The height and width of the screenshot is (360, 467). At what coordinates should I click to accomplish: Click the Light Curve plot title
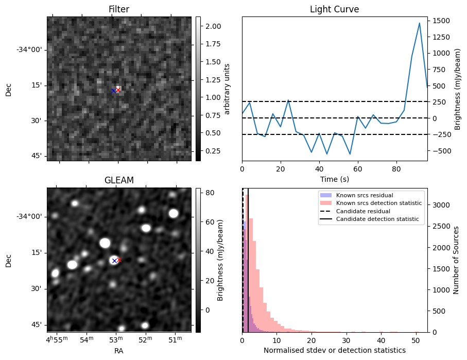[334, 9]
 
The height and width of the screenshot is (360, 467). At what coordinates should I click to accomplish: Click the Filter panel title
[118, 9]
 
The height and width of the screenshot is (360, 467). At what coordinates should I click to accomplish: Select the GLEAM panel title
[119, 180]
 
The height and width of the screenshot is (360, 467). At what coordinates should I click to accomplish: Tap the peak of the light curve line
[420, 23]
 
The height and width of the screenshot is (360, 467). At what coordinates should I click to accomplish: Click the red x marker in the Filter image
[118, 90]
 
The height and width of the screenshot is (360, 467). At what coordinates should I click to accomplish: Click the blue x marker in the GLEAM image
[114, 261]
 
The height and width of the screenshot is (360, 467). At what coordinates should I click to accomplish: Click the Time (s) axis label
[334, 179]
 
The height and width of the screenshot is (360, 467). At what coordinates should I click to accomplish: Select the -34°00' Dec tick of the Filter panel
[30, 49]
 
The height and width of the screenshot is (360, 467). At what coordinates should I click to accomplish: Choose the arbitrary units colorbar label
[228, 89]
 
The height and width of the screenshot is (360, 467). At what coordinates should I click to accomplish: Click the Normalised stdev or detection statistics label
[334, 350]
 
